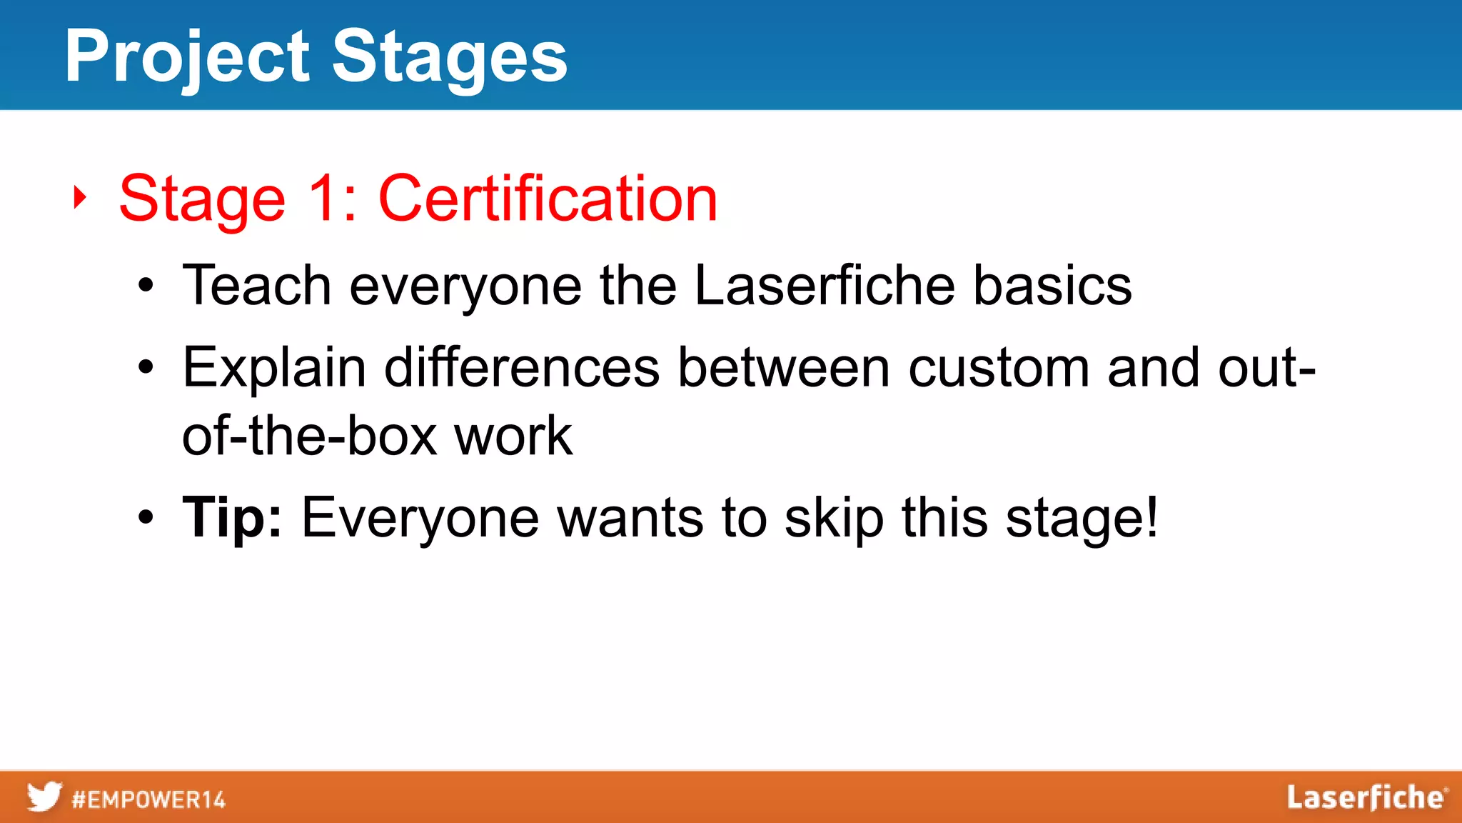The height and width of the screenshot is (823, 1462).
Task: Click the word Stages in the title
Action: [450, 57]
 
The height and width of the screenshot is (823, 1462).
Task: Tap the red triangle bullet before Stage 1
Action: [80, 197]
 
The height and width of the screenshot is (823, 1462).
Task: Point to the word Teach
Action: [257, 285]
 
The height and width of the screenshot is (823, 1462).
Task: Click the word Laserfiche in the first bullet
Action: [825, 285]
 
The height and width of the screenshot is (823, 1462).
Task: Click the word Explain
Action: [274, 368]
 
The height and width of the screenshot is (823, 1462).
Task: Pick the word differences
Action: [522, 368]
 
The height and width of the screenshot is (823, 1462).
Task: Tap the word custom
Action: [999, 368]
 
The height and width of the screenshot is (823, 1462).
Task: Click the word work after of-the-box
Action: [513, 436]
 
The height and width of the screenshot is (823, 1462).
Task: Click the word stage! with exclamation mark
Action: [1082, 517]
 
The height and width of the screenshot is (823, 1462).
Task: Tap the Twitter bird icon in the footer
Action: [44, 797]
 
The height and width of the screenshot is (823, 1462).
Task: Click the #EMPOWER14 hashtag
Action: [148, 799]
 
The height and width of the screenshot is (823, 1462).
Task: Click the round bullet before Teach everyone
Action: [146, 286]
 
